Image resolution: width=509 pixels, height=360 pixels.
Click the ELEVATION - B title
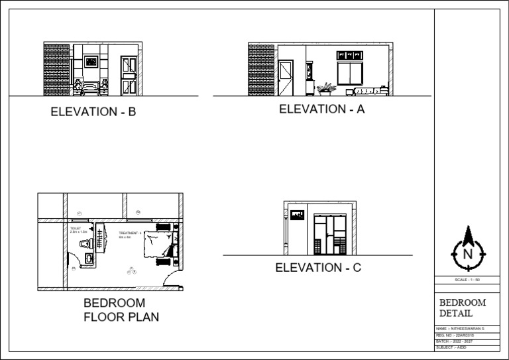pyautogui.click(x=93, y=112)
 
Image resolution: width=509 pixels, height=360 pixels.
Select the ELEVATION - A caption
pyautogui.click(x=322, y=109)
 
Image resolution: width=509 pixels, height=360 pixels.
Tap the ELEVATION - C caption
pyautogui.click(x=318, y=268)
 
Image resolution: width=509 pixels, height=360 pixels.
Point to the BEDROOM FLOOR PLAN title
pyautogui.click(x=121, y=310)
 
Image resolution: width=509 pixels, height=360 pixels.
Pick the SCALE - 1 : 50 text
pyautogui.click(x=467, y=280)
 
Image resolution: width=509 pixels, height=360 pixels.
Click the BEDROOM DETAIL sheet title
pyautogui.click(x=463, y=308)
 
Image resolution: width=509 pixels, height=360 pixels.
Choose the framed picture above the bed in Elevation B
pyautogui.click(x=91, y=62)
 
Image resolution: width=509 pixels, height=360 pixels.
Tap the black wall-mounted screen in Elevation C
pyautogui.click(x=298, y=215)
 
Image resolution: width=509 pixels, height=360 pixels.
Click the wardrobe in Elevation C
pyautogui.click(x=330, y=233)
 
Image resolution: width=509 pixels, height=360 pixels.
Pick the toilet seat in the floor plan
pyautogui.click(x=84, y=244)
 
